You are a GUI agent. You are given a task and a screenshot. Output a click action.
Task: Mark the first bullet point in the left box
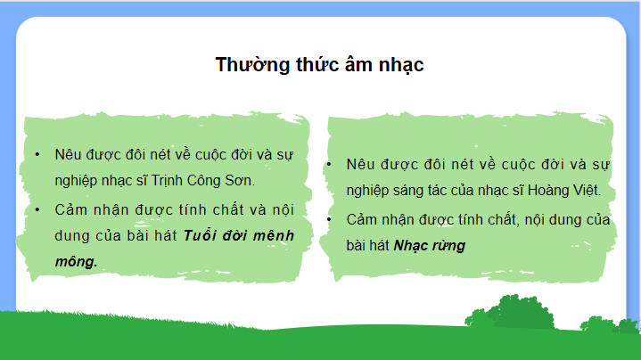tap(37, 153)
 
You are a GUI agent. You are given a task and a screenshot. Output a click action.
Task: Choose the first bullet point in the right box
tap(330, 165)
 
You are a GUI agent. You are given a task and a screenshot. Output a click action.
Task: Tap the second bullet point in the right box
tap(330, 219)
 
